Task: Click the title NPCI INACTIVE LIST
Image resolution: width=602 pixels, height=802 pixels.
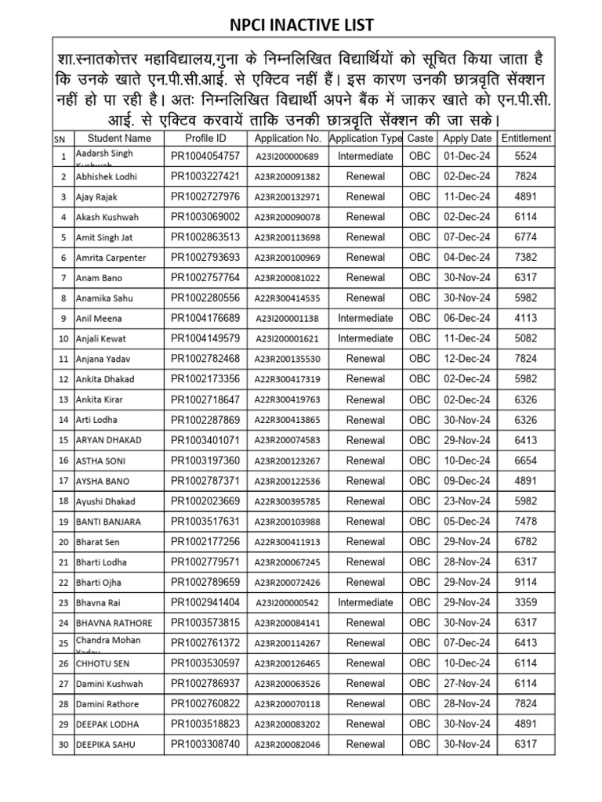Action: pos(300,26)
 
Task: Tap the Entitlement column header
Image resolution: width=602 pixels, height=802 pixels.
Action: pos(526,138)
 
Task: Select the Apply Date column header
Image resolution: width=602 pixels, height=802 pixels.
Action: pos(467,138)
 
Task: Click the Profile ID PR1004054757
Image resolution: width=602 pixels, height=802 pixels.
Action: pos(205,156)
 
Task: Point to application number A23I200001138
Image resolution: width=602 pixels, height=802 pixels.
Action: pos(288,319)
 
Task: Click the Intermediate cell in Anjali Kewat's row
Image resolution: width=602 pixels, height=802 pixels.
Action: pos(365,338)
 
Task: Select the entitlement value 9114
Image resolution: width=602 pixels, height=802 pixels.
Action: pos(526,583)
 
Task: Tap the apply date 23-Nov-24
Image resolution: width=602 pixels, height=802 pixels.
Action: pos(467,501)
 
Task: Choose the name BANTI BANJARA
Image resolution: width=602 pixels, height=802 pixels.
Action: pos(109,522)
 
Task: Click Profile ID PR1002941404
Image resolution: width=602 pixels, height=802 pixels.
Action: pos(205,603)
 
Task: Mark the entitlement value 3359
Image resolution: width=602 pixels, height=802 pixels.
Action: pos(526,603)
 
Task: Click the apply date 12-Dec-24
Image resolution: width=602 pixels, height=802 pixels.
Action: pos(467,359)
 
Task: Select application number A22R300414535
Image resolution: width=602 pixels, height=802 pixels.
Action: pos(288,298)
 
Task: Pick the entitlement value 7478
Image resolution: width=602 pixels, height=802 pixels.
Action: pos(526,522)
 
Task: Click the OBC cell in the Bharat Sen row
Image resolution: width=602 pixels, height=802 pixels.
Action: pos(420,542)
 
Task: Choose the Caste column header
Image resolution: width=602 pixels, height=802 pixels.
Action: pos(420,138)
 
